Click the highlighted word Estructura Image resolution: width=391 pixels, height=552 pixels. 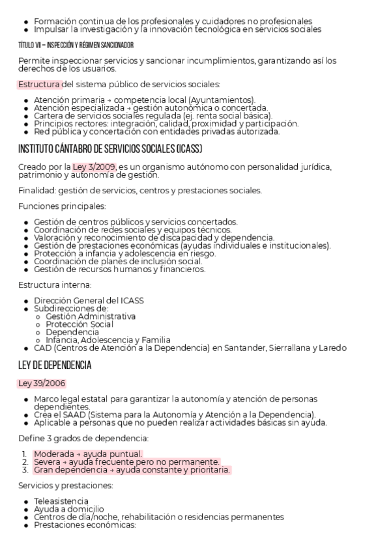pyautogui.click(x=39, y=85)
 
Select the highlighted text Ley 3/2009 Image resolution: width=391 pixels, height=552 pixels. pyautogui.click(x=94, y=167)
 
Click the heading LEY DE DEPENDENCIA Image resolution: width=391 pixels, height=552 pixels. pyautogui.click(x=55, y=365)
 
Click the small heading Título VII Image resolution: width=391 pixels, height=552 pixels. pyautogui.click(x=76, y=45)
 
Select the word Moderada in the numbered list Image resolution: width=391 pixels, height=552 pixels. pyautogui.click(x=53, y=454)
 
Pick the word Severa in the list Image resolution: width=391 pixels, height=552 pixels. pyautogui.click(x=48, y=462)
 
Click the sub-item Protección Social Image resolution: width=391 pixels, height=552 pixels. pyautogui.click(x=80, y=324)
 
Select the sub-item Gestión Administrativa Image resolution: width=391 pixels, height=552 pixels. pyautogui.click(x=91, y=316)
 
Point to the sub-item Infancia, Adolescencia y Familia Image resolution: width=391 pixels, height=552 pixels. pyautogui.click(x=108, y=340)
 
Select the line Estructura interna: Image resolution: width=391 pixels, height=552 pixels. pyautogui.click(x=55, y=285)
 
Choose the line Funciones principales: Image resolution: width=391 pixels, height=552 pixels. pyautogui.click(x=62, y=206)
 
